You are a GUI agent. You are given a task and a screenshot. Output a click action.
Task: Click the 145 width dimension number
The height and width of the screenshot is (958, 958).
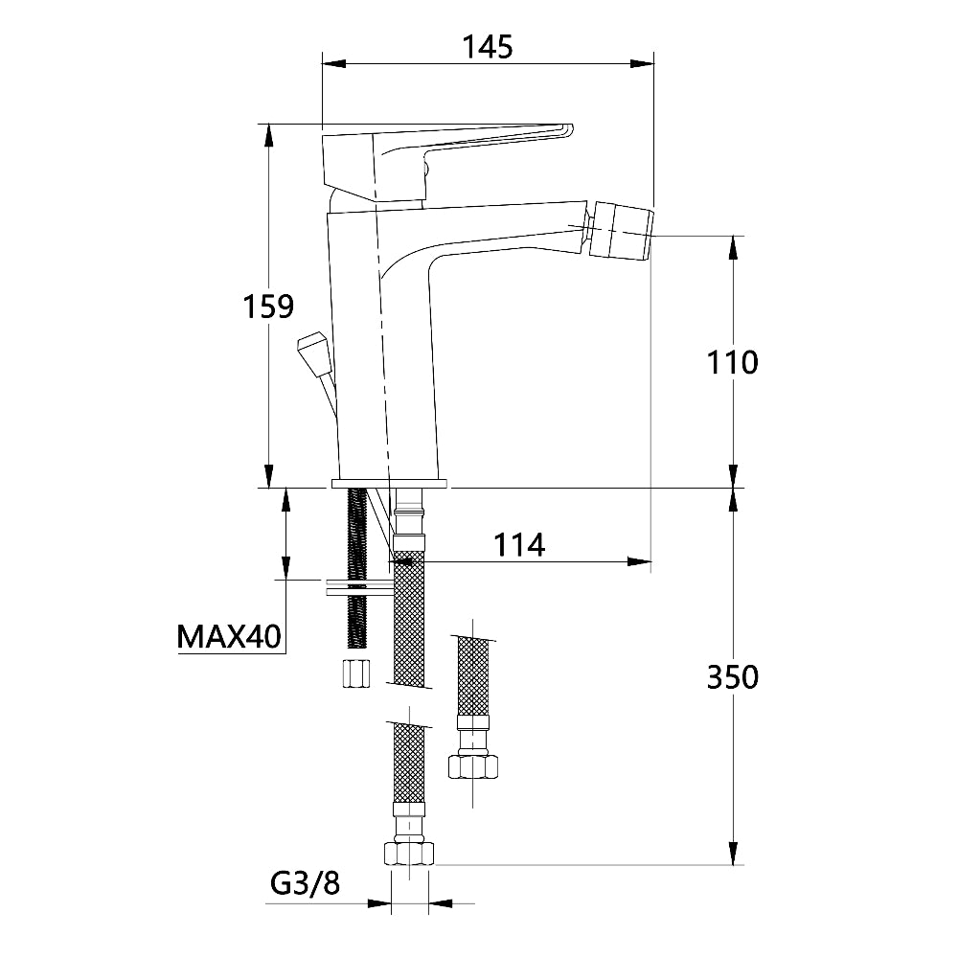pos(487,45)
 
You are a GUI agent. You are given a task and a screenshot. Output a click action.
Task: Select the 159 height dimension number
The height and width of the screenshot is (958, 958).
pos(267,307)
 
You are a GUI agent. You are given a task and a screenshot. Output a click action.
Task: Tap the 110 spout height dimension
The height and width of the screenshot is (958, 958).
pos(732,362)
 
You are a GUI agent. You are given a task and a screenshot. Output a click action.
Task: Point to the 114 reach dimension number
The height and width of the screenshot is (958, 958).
pos(519,544)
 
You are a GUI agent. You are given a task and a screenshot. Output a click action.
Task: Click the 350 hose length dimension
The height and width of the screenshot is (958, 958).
pos(732,676)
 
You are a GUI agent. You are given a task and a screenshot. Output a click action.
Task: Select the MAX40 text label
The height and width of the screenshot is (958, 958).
pos(229,635)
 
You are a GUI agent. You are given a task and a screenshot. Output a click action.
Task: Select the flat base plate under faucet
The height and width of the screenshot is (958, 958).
pos(389,482)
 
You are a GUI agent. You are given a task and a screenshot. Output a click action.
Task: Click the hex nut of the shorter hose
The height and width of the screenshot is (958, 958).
pos(473,765)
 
